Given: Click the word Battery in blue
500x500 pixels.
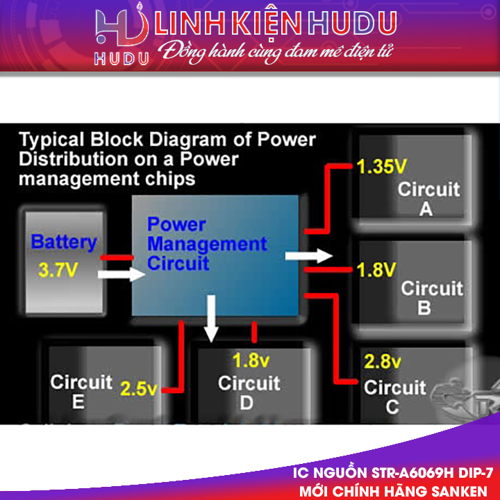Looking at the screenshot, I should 64,243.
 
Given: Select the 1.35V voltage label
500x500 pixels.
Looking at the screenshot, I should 381,167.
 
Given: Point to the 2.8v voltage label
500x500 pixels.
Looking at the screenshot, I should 383,362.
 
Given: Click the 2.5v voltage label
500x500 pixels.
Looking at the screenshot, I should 139,389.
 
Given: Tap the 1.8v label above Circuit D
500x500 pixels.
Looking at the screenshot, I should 250,360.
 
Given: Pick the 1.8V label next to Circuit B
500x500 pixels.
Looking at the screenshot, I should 376,269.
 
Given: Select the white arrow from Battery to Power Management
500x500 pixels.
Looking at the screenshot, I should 122,275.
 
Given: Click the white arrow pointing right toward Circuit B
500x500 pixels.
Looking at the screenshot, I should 308,256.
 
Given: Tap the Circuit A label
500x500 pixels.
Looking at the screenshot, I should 428,199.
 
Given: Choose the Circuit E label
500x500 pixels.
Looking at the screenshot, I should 81,391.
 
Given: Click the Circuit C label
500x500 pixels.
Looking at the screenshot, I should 394,397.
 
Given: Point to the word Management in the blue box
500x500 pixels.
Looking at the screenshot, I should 207,244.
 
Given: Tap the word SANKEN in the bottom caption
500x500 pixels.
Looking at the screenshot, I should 460,490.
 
